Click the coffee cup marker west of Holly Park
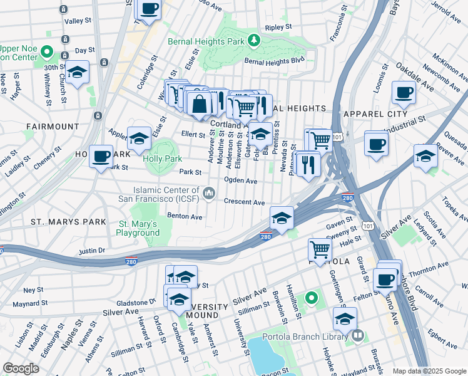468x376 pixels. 101,157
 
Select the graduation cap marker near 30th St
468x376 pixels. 78,72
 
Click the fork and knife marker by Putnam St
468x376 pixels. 308,164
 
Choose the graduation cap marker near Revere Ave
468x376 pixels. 425,155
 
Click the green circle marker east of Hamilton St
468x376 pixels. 311,298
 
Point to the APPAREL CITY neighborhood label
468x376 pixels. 372,113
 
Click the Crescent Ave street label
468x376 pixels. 245,202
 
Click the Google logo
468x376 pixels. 21,368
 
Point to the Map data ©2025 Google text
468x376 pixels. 429,371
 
